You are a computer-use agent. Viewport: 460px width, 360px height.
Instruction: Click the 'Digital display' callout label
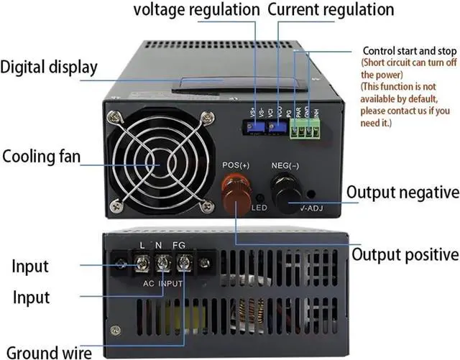pos(49,68)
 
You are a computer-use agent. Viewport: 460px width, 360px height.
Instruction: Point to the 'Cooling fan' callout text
pos(41,157)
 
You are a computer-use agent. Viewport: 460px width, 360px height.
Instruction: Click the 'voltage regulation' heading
pos(196,10)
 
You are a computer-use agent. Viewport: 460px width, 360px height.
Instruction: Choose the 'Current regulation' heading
pos(331,10)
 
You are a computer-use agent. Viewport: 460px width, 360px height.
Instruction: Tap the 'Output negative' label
pos(402,193)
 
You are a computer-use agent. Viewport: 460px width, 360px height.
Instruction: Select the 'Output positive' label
pos(405,254)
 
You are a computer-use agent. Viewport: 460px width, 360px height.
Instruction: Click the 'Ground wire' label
pos(50,352)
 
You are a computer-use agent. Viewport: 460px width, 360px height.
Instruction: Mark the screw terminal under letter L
pos(143,264)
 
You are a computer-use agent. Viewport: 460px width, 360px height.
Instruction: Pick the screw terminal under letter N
pos(163,264)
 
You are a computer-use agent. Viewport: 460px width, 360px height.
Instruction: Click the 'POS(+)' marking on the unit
pos(234,165)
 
